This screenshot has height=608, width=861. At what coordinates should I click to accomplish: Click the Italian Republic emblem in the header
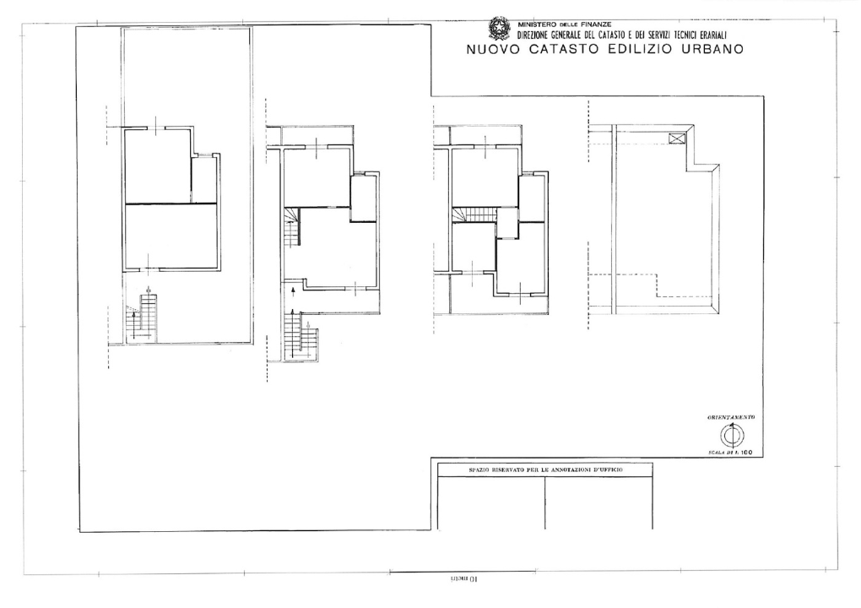click(x=500, y=29)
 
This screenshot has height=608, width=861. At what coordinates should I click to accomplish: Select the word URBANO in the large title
click(x=706, y=49)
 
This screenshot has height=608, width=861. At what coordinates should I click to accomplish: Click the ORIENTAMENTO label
click(x=731, y=418)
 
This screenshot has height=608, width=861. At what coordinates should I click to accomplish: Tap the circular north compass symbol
click(x=732, y=436)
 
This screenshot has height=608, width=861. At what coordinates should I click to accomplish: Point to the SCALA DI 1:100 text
click(x=731, y=453)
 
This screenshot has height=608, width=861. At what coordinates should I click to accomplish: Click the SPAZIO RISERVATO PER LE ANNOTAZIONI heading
click(x=545, y=470)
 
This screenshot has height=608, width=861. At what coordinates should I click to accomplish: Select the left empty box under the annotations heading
click(x=492, y=503)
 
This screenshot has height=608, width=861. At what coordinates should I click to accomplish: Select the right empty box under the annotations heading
click(x=598, y=503)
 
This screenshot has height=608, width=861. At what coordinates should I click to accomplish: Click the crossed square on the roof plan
click(x=676, y=138)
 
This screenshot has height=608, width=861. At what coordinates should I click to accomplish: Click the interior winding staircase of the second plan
click(x=292, y=228)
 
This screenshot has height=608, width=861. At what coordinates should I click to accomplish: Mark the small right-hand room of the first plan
click(x=204, y=180)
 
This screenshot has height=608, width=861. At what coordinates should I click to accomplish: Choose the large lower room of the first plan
click(x=172, y=236)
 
